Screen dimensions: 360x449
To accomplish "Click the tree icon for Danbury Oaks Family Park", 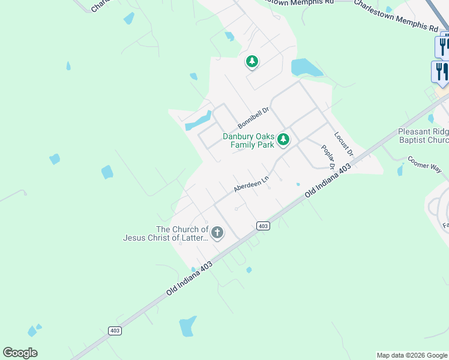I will pyautogui.click(x=283, y=140).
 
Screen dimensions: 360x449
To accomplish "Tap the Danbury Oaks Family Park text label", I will pyautogui.click(x=249, y=140).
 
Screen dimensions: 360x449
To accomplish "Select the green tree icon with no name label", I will pyautogui.click(x=252, y=61).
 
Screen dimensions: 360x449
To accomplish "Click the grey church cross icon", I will pyautogui.click(x=217, y=232).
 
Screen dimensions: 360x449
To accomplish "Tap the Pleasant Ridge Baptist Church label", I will pyautogui.click(x=423, y=136).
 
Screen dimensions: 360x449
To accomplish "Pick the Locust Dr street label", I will pyautogui.click(x=344, y=145).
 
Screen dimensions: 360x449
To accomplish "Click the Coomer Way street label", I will pyautogui.click(x=424, y=164).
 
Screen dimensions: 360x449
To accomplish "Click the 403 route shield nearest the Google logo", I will pyautogui.click(x=115, y=331).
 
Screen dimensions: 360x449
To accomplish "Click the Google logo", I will pyautogui.click(x=20, y=353).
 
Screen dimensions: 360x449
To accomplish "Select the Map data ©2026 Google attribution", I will pyautogui.click(x=412, y=355).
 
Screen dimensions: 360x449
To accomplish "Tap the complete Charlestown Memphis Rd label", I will pyautogui.click(x=396, y=16).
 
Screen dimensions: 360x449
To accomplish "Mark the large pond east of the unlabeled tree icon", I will pyautogui.click(x=306, y=67).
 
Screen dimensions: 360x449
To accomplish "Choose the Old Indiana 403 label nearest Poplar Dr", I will pyautogui.click(x=327, y=182).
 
